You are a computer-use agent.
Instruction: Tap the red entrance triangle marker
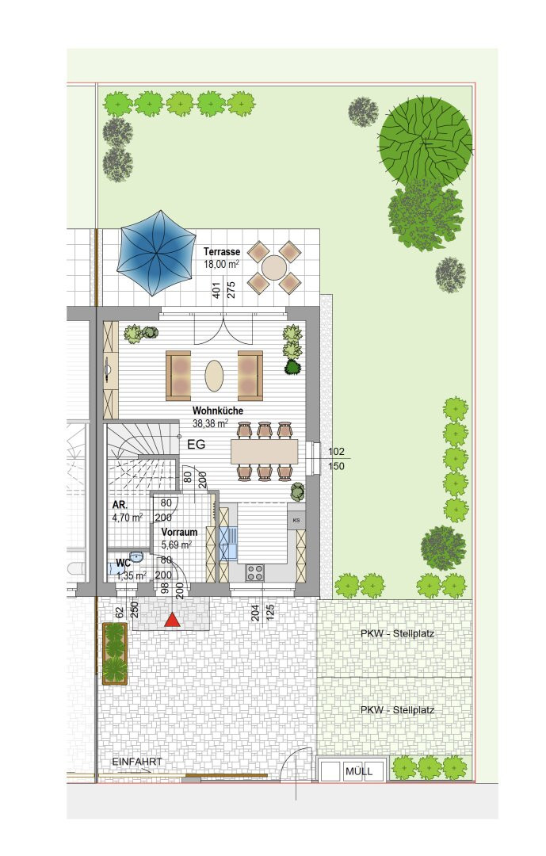[x=173, y=620]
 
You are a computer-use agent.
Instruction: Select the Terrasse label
[x=222, y=252]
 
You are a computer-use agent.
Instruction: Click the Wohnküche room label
[x=218, y=411]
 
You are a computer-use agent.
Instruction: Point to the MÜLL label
[x=359, y=771]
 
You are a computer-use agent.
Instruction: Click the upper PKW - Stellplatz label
[x=397, y=634]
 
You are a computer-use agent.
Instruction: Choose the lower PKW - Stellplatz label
[x=397, y=709]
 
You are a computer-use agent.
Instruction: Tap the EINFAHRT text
[x=137, y=762]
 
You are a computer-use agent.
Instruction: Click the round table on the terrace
[x=274, y=268]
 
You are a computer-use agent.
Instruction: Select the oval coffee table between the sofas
[x=214, y=376]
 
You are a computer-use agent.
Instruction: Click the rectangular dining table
[x=265, y=452]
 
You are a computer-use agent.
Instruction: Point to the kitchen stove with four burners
[x=255, y=572]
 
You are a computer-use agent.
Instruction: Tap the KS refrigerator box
[x=296, y=520]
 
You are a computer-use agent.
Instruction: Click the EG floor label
[x=197, y=445]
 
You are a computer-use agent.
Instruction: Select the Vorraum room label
[x=179, y=532]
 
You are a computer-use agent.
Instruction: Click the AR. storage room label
[x=120, y=505]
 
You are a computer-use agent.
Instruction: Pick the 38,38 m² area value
[x=210, y=423]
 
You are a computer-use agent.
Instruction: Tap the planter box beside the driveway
[x=115, y=653]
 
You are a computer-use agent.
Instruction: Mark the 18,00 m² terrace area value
[x=221, y=264]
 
